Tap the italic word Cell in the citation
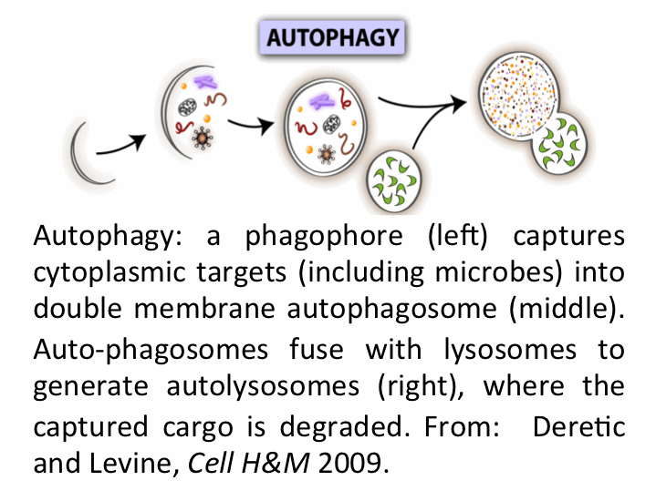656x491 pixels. [x=207, y=461]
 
